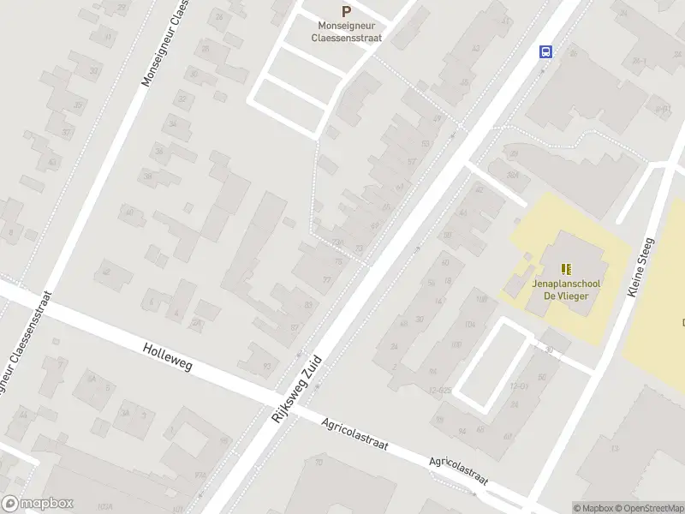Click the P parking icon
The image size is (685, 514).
tap(346, 12)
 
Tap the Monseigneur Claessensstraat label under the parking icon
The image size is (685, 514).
tap(347, 32)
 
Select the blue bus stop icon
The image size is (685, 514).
tap(545, 51)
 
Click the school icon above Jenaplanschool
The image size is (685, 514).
tap(565, 269)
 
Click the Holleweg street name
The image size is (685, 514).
tap(168, 357)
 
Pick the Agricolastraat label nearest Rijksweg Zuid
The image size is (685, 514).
tap(355, 435)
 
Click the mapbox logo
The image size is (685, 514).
tap(38, 504)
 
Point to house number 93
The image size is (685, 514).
tap(267, 367)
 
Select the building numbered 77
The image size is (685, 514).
tap(326, 280)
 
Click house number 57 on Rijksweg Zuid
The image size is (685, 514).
tap(412, 162)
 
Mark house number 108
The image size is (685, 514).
tap(480, 299)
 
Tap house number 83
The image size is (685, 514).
tap(308, 305)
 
